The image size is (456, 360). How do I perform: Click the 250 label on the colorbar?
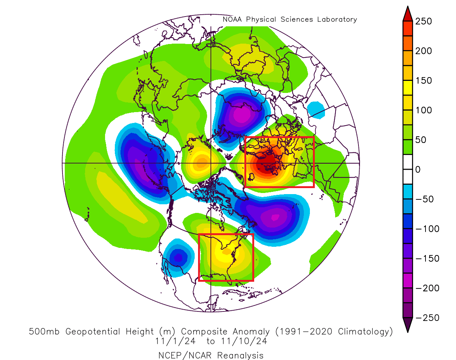point(424,21)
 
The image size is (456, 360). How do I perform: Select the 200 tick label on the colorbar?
point(424,51)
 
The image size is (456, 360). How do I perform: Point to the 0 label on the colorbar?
point(418,170)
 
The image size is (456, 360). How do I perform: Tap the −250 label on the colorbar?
point(427,318)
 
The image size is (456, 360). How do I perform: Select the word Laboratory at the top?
point(336,20)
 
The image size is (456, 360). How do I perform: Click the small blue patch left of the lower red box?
point(178,258)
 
